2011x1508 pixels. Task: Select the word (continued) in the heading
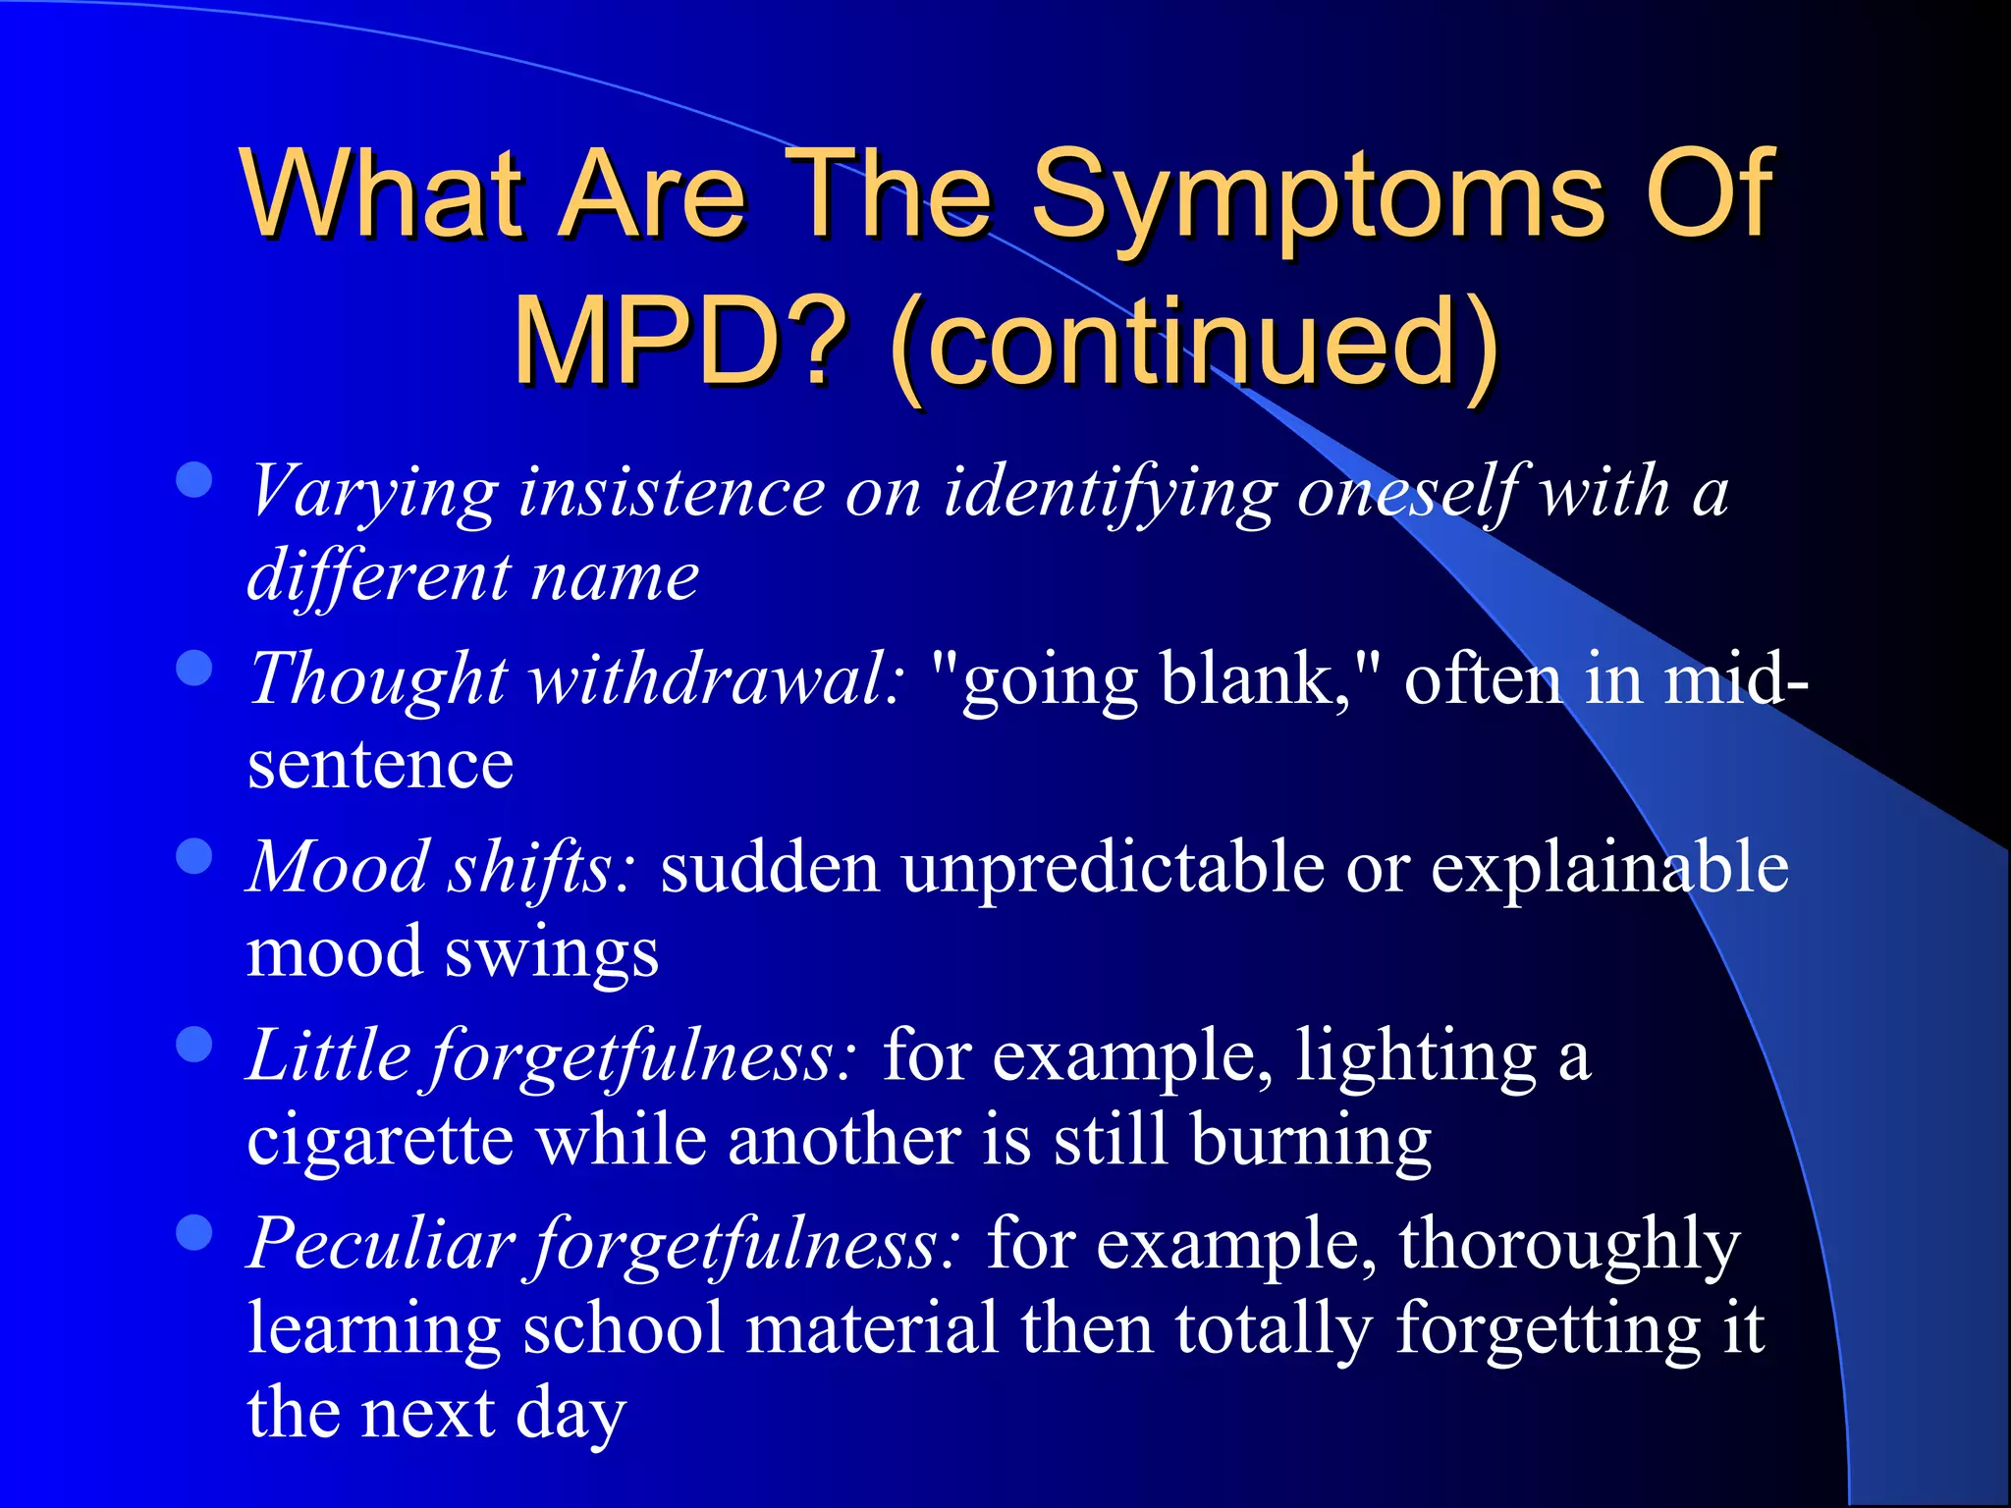1193,344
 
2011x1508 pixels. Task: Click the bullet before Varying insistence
194,480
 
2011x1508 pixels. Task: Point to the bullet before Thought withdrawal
194,668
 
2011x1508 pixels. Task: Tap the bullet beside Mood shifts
194,856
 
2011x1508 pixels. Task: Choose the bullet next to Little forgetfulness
194,1045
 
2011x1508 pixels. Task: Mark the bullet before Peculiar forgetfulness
194,1233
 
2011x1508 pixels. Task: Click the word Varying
373,491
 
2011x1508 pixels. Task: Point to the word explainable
1609,868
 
